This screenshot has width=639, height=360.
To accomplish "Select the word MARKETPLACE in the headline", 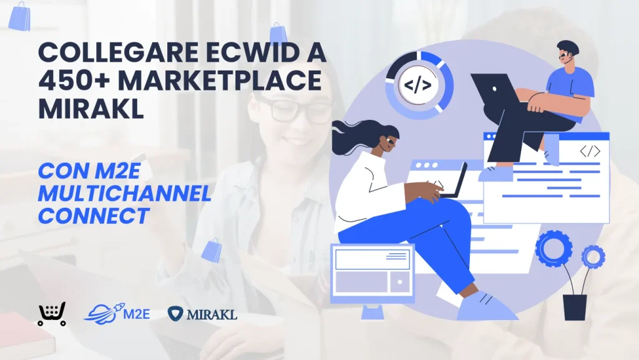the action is coord(220,80).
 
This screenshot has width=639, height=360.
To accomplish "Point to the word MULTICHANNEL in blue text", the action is coord(125,193).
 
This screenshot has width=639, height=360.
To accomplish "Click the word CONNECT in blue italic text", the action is coord(94,216).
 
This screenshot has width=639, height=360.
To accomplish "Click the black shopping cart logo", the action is coord(52,314).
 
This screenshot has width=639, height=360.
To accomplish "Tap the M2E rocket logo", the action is coord(117,314).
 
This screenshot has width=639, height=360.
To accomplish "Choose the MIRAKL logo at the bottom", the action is coord(202,314).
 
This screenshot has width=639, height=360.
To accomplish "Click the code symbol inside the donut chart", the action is coord(417,85).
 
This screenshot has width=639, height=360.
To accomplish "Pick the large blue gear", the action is coord(554,248).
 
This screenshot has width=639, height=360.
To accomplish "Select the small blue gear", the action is coord(593,256).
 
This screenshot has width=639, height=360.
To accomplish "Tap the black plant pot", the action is coord(575,307).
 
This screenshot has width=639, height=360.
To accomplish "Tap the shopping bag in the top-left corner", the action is coord(20,16).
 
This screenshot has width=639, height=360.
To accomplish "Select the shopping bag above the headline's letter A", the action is coord(278,32).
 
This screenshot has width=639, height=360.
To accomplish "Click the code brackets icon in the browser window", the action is coord(590,152).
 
